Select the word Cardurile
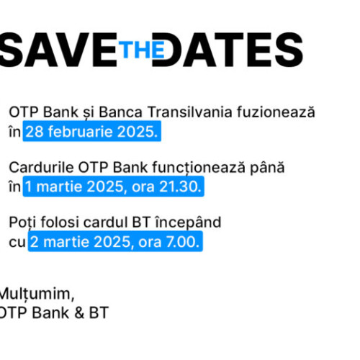click(x=37, y=168)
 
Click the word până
click(x=267, y=168)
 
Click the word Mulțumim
click(x=36, y=294)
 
